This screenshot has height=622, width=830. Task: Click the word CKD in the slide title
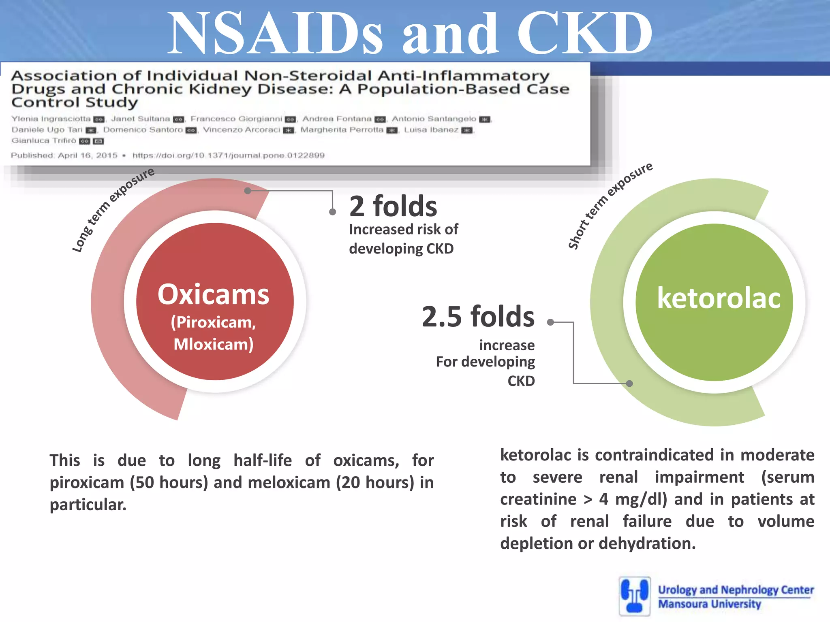(x=585, y=33)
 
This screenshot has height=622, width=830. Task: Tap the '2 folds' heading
(x=393, y=206)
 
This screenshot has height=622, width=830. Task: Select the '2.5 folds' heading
(x=478, y=316)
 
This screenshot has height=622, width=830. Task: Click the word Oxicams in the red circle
(x=214, y=294)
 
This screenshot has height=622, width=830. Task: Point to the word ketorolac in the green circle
(x=719, y=298)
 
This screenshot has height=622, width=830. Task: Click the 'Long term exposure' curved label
(x=113, y=210)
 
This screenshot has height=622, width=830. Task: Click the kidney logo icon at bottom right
(x=635, y=596)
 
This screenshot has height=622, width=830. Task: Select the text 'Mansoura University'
(x=709, y=604)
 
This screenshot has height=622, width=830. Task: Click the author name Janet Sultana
(x=140, y=119)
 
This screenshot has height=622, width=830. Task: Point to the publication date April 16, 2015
(x=88, y=155)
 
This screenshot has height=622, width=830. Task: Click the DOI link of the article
(x=228, y=155)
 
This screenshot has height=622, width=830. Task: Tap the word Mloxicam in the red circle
(x=214, y=344)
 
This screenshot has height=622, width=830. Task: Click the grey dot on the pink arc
(x=248, y=190)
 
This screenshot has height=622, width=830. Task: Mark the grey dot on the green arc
(x=629, y=383)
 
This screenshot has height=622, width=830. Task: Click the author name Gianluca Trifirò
(x=44, y=141)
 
